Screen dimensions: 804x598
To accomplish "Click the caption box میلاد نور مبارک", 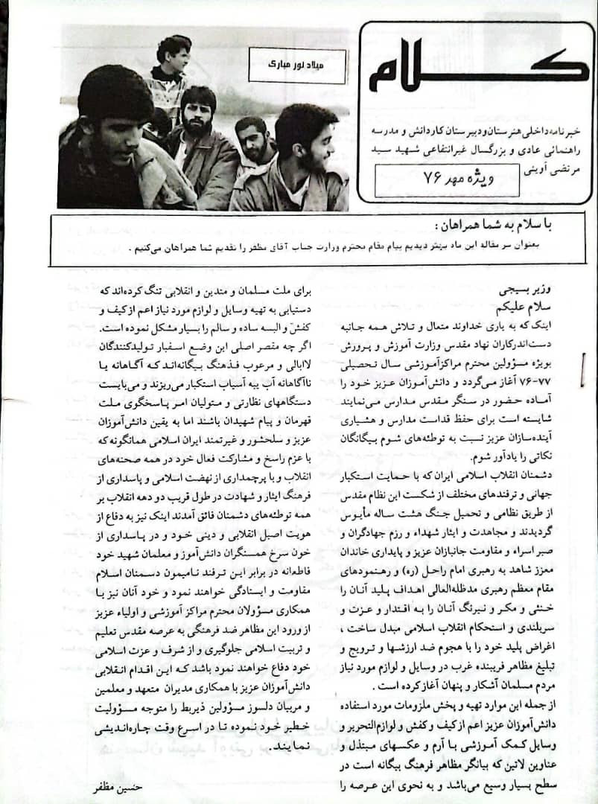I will pyautogui.click(x=297, y=66).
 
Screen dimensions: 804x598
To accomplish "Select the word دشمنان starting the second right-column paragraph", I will pyautogui.click(x=558, y=473).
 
